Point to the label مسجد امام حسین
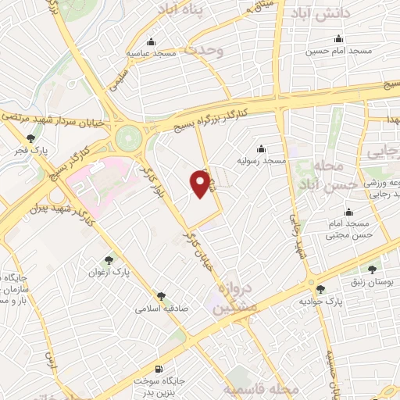click(339, 50)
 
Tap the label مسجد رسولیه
click(262, 160)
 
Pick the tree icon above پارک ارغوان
click(109, 261)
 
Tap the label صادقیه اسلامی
click(162, 308)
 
